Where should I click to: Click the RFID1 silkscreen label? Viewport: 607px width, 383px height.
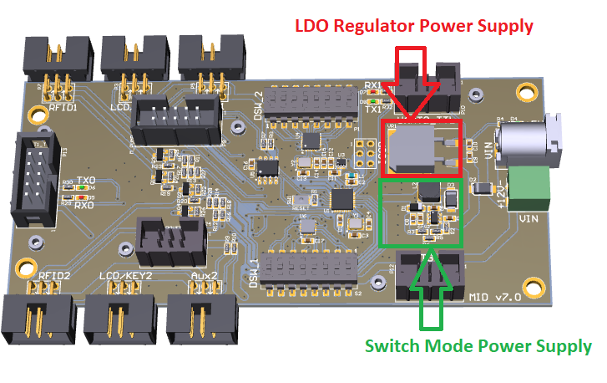pyautogui.click(x=63, y=106)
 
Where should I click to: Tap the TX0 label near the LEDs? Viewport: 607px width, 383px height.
pyautogui.click(x=85, y=181)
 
